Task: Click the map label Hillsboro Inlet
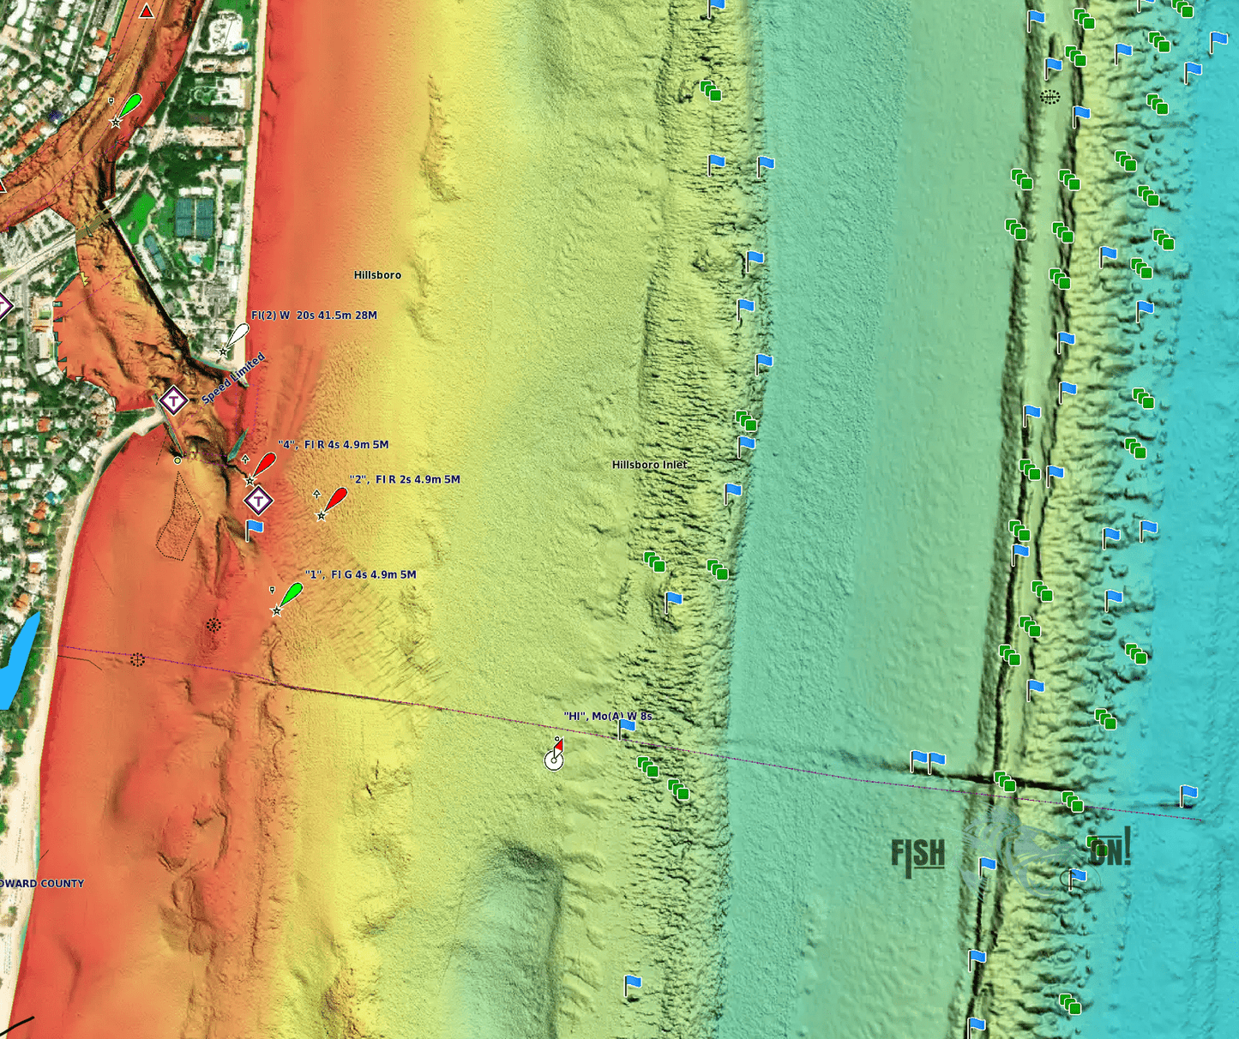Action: point(649,465)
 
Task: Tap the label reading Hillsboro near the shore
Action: point(377,275)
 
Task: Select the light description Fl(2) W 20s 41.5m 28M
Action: point(314,315)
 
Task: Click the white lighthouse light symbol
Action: point(236,336)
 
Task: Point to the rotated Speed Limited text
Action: point(233,378)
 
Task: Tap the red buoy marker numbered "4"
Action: point(263,465)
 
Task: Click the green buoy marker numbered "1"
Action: point(290,595)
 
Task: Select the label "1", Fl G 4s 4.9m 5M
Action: point(360,574)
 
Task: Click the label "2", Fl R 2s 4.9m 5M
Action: point(404,479)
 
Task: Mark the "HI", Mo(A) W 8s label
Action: point(607,716)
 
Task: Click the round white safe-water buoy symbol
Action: point(554,760)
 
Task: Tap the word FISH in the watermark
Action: point(917,855)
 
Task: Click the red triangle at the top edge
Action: point(147,11)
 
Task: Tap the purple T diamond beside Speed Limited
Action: point(173,399)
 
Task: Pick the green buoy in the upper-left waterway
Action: point(129,106)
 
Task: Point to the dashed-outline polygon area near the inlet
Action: point(177,516)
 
